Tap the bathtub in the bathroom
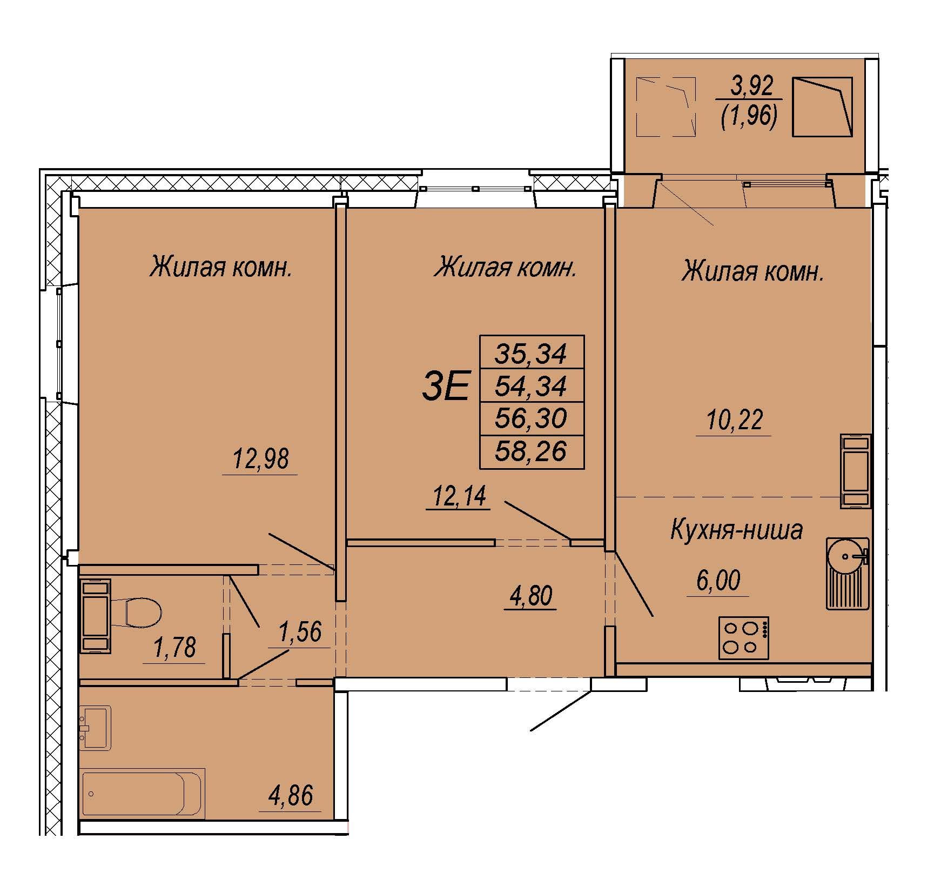[x=144, y=793]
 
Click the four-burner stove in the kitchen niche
[x=744, y=638]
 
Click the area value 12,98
[x=260, y=460]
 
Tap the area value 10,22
[x=734, y=420]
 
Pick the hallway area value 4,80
[x=529, y=597]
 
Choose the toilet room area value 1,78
[x=175, y=648]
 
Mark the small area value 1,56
[x=300, y=631]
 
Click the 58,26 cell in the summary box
[x=532, y=451]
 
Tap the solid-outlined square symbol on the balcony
[x=822, y=106]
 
